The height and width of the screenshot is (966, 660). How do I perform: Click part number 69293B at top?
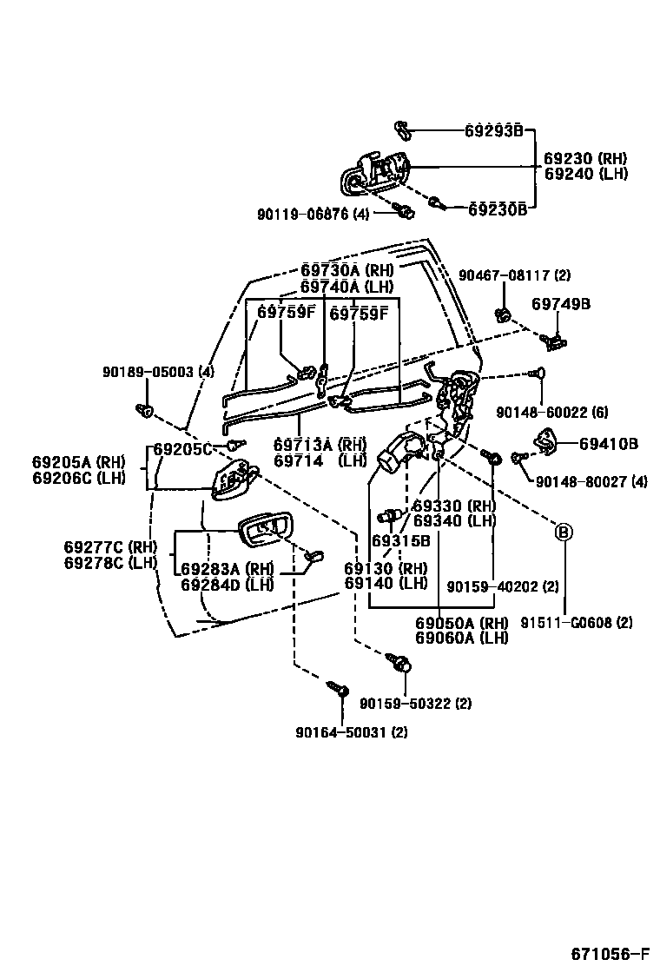click(x=493, y=131)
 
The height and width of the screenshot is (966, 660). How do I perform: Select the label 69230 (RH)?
click(x=584, y=159)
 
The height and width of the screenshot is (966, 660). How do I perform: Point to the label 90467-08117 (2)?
click(x=514, y=275)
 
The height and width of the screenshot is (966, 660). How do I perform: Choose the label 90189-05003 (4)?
click(x=157, y=372)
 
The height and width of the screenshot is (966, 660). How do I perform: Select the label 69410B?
click(x=609, y=444)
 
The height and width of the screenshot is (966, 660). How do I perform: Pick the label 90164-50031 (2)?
click(x=351, y=732)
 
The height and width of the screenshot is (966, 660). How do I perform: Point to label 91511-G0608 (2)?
click(x=577, y=622)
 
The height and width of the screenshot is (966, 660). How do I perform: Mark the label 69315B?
click(x=401, y=540)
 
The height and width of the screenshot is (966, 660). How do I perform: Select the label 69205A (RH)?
click(x=79, y=461)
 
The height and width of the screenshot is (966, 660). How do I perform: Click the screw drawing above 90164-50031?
click(x=339, y=689)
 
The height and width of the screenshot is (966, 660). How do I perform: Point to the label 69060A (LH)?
click(x=461, y=638)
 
